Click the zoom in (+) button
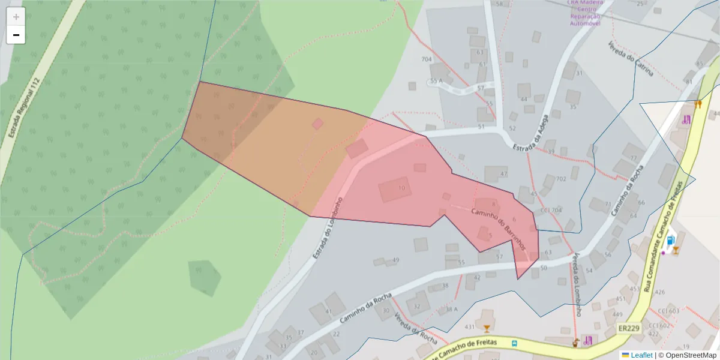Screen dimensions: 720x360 tap(16, 16)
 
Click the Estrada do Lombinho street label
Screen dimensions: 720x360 tap(327, 228)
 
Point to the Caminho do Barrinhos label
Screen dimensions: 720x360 tap(499, 229)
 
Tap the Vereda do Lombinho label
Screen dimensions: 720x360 tap(576, 284)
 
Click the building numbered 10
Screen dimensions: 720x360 tap(395, 189)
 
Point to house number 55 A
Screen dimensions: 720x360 tap(436, 80)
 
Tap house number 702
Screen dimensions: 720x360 tap(561, 179)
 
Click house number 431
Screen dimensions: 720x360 tap(470, 327)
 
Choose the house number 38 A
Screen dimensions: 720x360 tap(451, 310)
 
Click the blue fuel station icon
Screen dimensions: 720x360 tap(670, 241)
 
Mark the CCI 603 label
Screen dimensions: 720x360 tap(668, 311)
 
